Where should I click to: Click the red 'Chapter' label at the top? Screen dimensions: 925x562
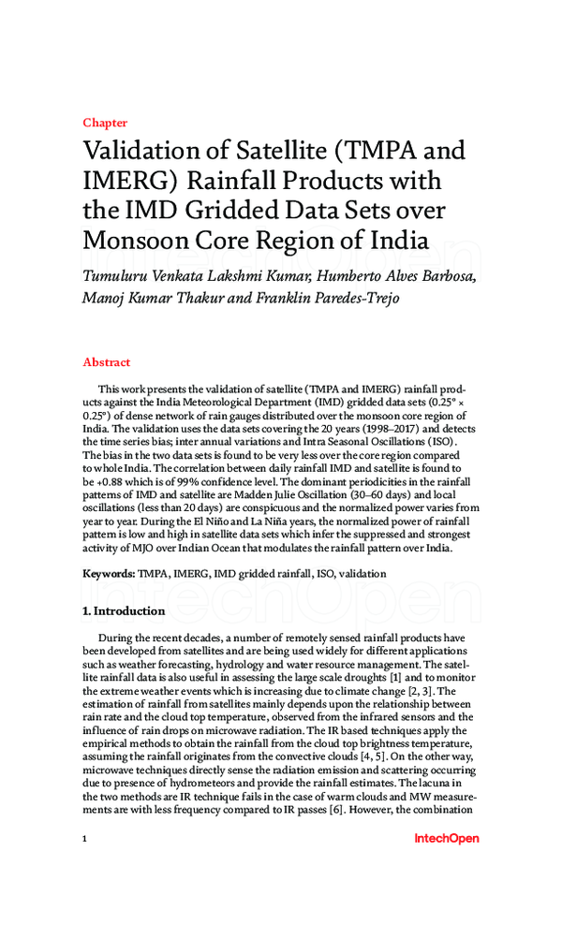(x=104, y=123)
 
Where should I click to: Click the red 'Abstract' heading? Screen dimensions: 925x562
(x=106, y=362)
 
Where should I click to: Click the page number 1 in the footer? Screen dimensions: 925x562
(x=85, y=839)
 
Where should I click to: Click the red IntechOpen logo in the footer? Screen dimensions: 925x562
(x=445, y=839)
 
